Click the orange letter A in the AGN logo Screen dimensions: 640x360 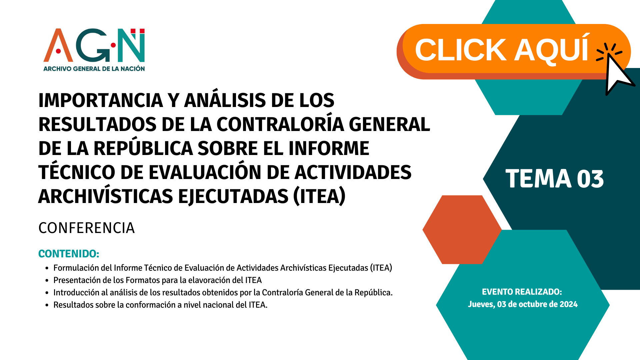coord(58,45)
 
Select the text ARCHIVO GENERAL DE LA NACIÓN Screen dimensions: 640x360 coord(94,69)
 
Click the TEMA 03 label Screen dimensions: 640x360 coord(555,179)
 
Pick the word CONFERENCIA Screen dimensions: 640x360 coord(87,228)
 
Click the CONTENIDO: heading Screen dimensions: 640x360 coord(69,254)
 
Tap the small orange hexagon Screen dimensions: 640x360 coord(462,230)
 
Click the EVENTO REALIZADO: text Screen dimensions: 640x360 coord(522,292)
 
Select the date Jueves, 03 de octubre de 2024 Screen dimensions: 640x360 coord(523,304)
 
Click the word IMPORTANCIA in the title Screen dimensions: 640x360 coord(101,100)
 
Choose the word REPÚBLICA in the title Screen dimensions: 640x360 coord(143,148)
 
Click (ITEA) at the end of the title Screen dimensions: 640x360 coord(319,196)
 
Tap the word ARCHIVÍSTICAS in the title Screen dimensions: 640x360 coord(106,196)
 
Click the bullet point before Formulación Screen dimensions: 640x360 coord(47,268)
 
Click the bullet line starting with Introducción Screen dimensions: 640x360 coord(223,293)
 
